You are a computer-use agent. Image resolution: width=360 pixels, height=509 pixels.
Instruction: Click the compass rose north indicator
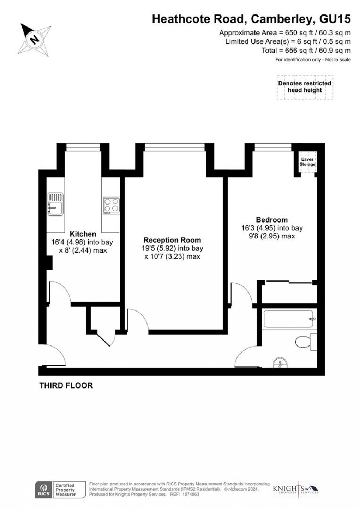pos(35,39)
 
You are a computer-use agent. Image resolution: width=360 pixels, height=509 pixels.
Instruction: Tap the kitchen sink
pos(55,204)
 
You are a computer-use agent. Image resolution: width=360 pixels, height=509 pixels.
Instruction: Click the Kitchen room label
pos(83,234)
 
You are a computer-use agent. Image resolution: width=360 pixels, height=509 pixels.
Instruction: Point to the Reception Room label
pos(172,240)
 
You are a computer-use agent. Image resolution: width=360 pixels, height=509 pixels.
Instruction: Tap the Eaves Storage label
pos(307,162)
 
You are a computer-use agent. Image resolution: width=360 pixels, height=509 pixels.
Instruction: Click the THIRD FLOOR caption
pos(66,385)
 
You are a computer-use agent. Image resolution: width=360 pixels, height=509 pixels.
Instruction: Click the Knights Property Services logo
pos(296,489)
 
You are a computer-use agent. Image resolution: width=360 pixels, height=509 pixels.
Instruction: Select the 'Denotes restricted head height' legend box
pos(305,87)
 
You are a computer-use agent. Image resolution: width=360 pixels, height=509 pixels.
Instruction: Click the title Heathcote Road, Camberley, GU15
pos(251,19)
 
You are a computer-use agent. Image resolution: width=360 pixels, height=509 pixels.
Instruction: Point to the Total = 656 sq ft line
pos(306,51)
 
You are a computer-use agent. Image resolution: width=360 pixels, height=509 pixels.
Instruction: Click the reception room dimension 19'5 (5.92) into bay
pos(172,248)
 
